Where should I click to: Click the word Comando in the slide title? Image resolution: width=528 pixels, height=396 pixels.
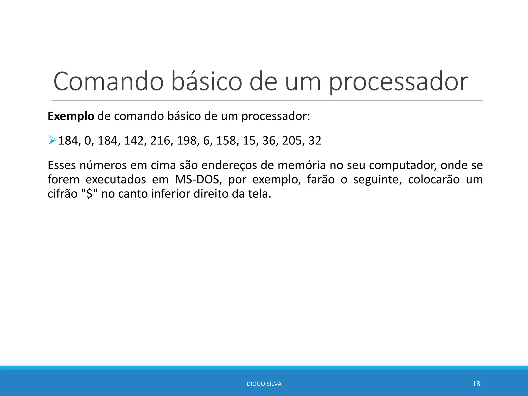[108, 81]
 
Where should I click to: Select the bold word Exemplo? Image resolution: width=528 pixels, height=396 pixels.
[71, 116]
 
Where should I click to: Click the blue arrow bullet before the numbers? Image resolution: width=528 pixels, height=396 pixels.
[52, 140]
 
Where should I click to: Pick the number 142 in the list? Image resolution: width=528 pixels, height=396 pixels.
[134, 141]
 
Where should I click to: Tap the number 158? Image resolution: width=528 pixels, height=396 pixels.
[226, 141]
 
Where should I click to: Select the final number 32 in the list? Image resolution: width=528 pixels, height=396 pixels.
[315, 141]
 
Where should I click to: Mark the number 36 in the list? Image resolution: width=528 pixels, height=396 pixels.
[269, 141]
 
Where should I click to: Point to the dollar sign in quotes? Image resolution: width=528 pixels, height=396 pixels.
[89, 194]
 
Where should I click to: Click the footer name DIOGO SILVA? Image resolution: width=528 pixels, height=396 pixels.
[264, 384]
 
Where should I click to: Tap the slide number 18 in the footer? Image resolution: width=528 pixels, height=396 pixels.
[476, 384]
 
